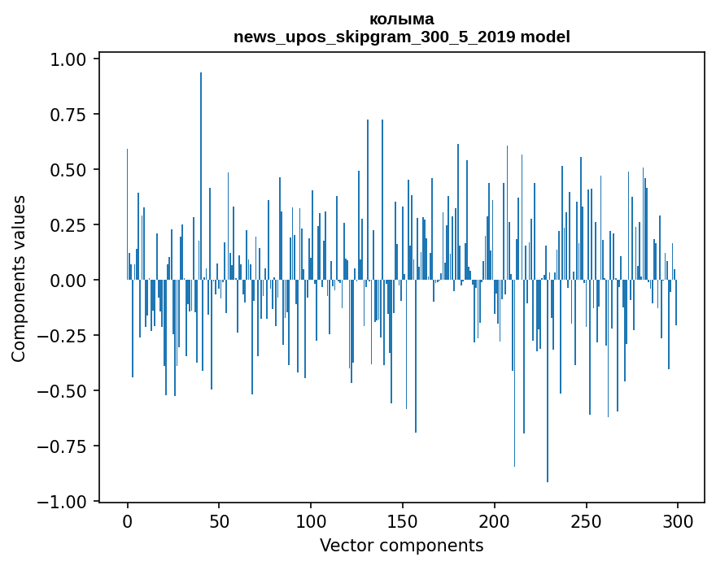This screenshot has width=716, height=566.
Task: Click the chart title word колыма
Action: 401,19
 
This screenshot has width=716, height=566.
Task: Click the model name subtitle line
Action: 401,37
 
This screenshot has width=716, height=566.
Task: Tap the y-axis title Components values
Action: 19,278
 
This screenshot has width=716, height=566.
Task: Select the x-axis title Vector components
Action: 401,546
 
